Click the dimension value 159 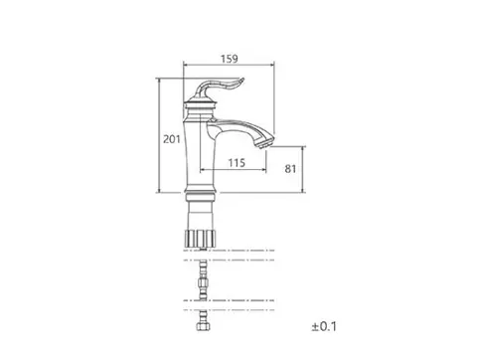[x=230, y=59]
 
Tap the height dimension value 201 [x=172, y=139]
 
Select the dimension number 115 [x=237, y=163]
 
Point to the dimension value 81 [x=290, y=169]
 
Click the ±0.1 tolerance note [x=324, y=326]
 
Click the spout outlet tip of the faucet [x=264, y=142]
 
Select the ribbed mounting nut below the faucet [x=200, y=238]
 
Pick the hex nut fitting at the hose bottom [x=203, y=326]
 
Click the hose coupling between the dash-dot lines [x=203, y=282]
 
